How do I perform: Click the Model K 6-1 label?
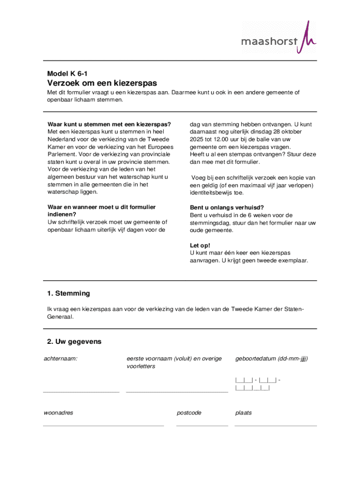click(x=67, y=73)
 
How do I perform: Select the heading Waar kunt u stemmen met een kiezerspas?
click(x=109, y=124)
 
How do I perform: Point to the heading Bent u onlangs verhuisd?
click(x=227, y=208)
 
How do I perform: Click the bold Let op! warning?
click(x=200, y=246)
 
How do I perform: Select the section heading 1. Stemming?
click(x=68, y=293)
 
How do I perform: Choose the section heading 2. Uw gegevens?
click(x=74, y=341)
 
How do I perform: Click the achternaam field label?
click(x=60, y=359)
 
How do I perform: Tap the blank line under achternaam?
click(x=81, y=391)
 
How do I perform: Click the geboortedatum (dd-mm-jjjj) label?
click(x=272, y=359)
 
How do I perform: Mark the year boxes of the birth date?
click(x=252, y=388)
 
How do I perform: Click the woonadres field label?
click(x=58, y=413)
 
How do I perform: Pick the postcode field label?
click(x=189, y=413)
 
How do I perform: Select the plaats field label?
click(x=244, y=413)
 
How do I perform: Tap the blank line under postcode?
click(x=202, y=425)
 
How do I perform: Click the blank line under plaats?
click(x=275, y=425)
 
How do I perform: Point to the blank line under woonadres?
click(x=103, y=425)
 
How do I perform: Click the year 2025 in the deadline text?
click(x=197, y=139)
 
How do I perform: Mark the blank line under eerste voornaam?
click(x=177, y=391)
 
